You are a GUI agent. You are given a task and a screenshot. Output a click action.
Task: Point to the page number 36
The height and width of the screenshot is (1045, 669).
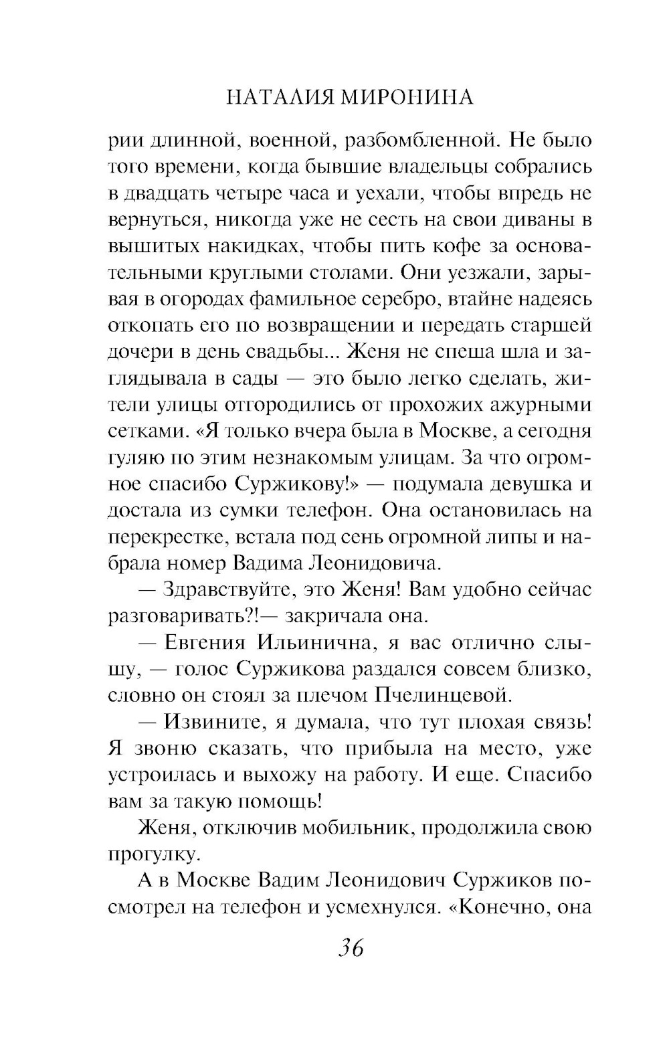click(x=351, y=948)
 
